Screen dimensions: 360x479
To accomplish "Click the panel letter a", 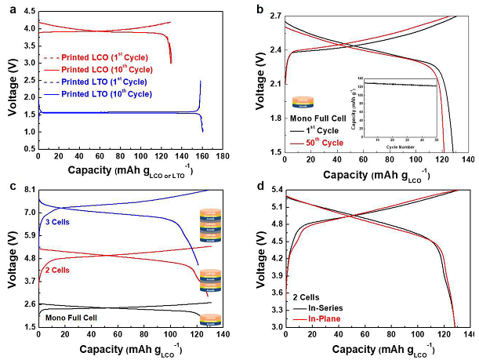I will pos(9,8).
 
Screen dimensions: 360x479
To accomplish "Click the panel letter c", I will pos(9,185).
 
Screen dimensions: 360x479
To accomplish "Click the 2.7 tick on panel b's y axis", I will pos(274,15).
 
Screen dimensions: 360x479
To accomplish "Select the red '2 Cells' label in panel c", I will pos(57,270).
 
